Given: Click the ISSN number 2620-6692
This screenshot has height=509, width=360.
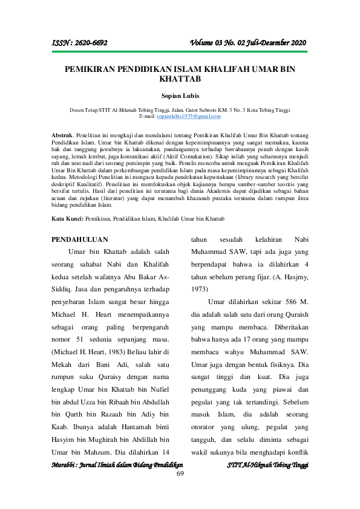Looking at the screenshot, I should [88, 43].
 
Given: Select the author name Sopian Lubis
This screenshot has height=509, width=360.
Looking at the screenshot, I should [180, 95].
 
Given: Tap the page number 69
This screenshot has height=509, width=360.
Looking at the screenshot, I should [180, 473].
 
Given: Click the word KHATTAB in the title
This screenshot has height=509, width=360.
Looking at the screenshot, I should [180, 79].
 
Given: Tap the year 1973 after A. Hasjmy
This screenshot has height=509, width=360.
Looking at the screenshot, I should [200, 290].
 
